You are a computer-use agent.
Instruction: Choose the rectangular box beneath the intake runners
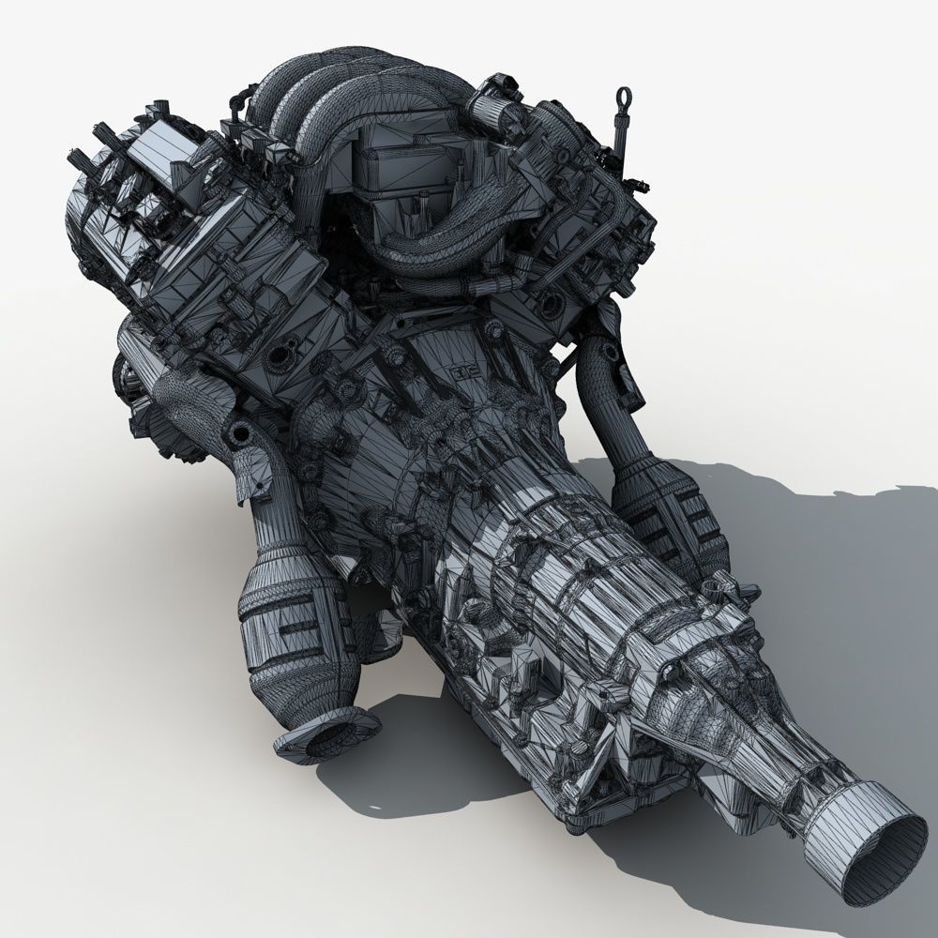pos(389,174)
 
